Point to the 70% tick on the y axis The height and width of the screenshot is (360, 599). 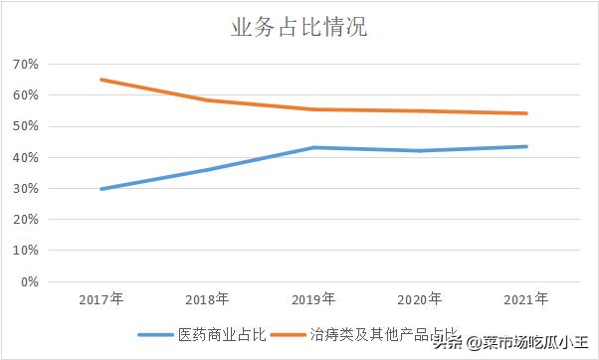tap(25, 65)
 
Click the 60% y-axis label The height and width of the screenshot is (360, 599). tap(25, 95)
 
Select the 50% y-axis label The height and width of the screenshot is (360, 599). tap(25, 126)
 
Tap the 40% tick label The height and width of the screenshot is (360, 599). tap(25, 157)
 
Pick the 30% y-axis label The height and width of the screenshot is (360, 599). tap(25, 189)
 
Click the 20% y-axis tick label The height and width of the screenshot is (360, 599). tap(25, 220)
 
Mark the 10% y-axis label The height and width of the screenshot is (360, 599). tap(25, 251)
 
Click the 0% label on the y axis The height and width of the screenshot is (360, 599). tap(28, 281)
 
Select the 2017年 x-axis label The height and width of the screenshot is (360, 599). tap(100, 298)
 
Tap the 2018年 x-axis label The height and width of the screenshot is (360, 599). tap(207, 298)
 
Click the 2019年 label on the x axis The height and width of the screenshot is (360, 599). tap(313, 298)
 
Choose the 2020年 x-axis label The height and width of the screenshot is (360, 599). tap(419, 298)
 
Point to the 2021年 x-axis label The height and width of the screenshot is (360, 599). tap(525, 298)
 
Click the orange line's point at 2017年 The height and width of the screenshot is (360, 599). tap(100, 80)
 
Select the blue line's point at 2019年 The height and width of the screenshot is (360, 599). tap(313, 147)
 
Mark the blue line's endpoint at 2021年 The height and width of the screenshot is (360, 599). tap(525, 146)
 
